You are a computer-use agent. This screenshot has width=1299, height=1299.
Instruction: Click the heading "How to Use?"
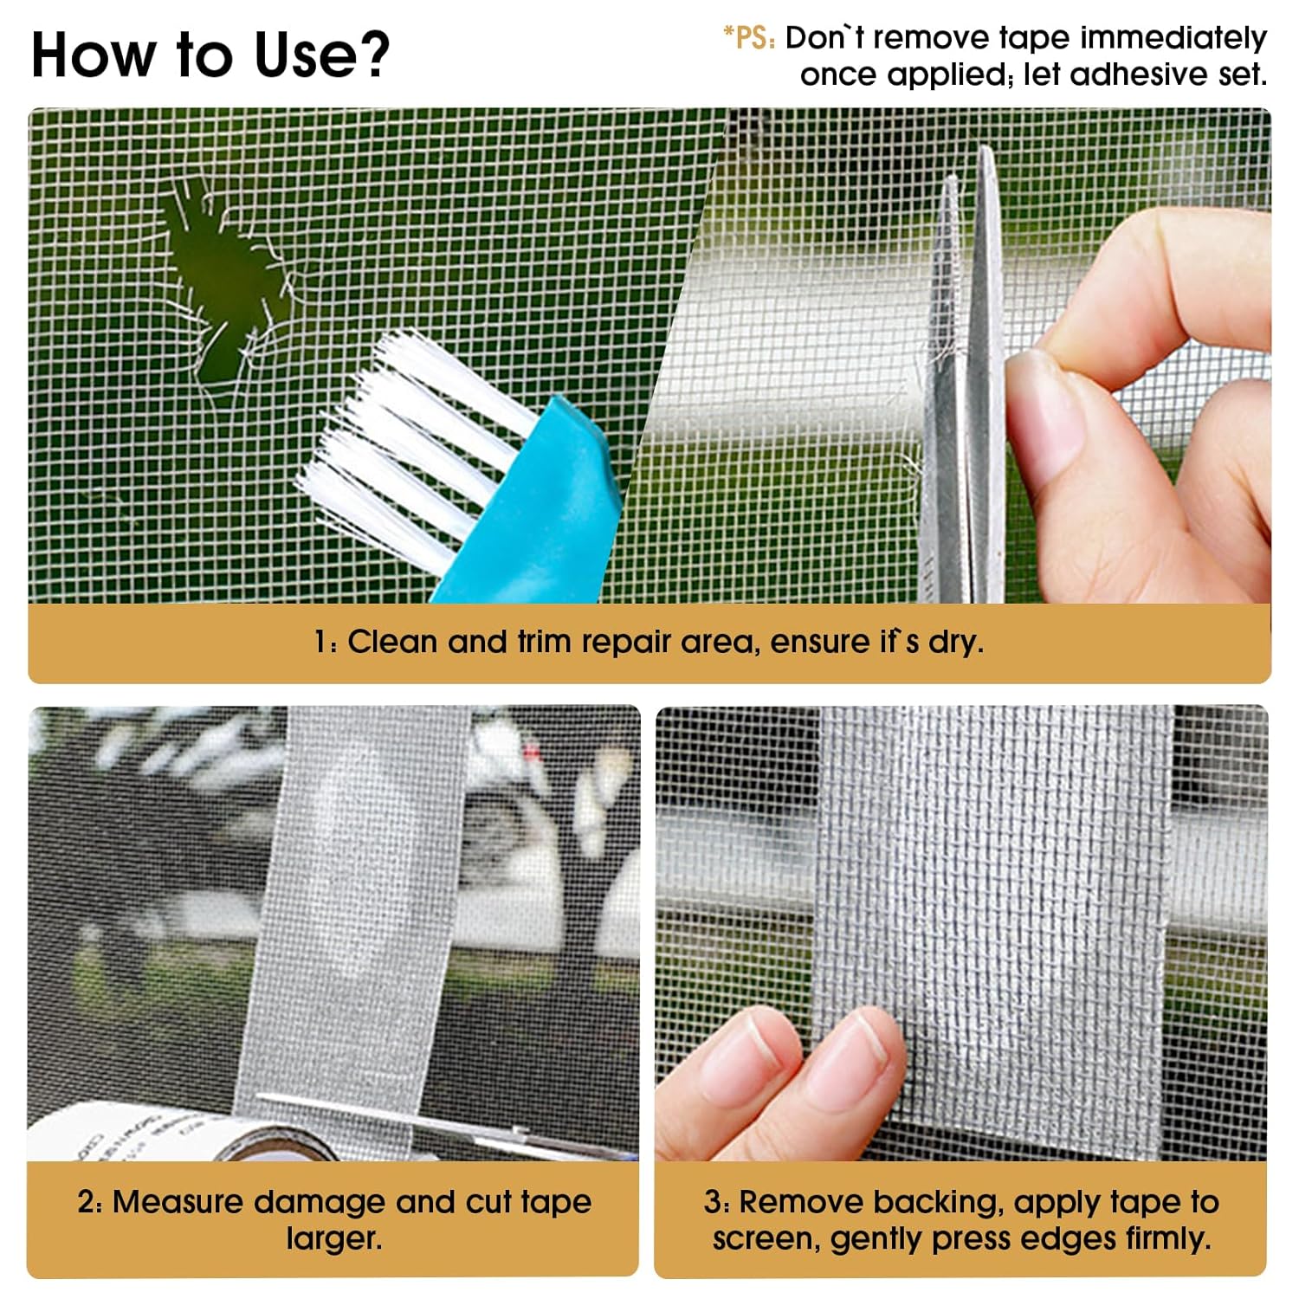(x=210, y=55)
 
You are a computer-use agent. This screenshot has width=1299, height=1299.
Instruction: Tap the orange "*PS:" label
(x=750, y=38)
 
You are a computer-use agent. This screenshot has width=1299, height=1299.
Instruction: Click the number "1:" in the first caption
(x=326, y=643)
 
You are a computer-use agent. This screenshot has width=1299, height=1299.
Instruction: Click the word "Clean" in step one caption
(x=392, y=642)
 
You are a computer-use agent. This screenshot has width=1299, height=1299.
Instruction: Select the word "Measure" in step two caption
(x=179, y=1202)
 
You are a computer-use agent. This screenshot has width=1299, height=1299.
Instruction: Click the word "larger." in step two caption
(x=334, y=1238)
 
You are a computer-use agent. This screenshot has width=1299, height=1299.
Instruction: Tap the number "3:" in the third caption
(x=716, y=1202)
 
